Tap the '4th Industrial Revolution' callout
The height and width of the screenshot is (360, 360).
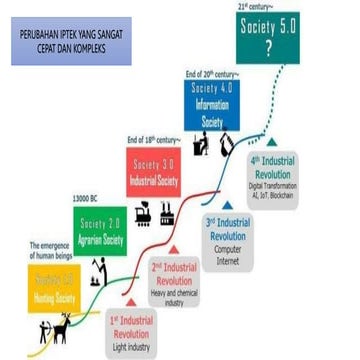point(272,167)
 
